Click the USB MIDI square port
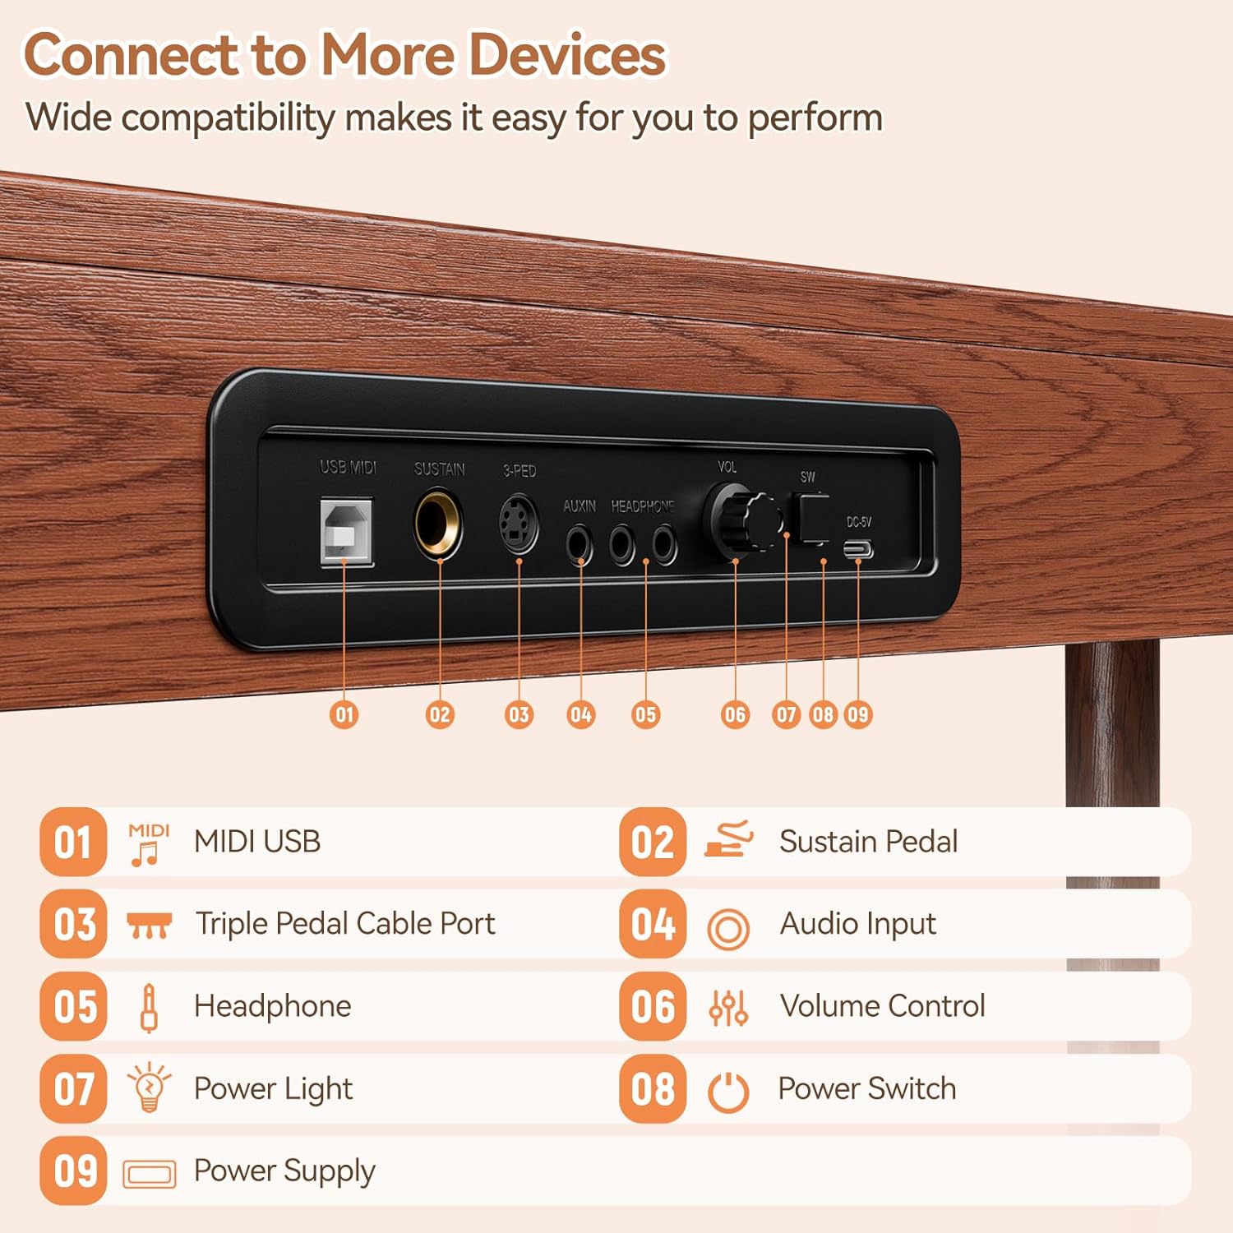click(x=346, y=531)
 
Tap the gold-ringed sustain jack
click(x=438, y=522)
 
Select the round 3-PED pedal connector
click(x=519, y=524)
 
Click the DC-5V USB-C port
click(x=857, y=549)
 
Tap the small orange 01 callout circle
click(x=344, y=714)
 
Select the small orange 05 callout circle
click(x=645, y=714)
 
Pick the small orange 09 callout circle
click(x=857, y=714)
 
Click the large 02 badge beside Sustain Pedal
click(x=653, y=842)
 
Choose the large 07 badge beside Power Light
click(x=73, y=1088)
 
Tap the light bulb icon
click(x=149, y=1087)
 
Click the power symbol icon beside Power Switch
click(x=728, y=1092)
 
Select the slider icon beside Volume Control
click(x=728, y=1007)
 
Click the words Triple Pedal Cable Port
click(x=345, y=924)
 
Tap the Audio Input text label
click(x=858, y=924)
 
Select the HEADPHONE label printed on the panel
click(x=643, y=506)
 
